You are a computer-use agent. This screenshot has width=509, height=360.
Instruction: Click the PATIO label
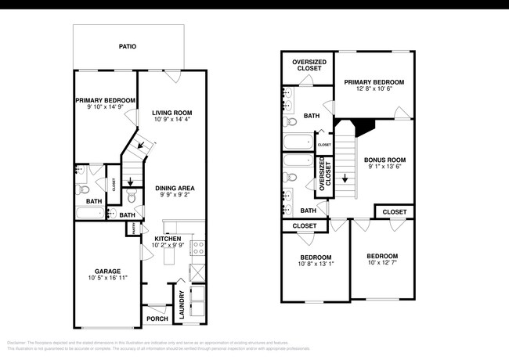tap(128, 47)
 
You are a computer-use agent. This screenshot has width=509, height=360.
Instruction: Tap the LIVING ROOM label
tap(171, 113)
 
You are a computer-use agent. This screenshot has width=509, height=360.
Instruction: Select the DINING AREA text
tap(174, 188)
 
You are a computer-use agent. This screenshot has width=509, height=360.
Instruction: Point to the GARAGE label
tap(108, 272)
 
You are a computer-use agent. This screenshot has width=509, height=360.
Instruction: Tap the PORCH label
tap(157, 319)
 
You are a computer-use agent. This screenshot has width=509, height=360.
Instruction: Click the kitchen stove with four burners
tap(198, 248)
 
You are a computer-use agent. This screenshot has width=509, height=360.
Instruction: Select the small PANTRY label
tap(134, 229)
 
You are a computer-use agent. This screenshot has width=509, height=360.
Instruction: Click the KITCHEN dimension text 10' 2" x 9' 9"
tap(168, 246)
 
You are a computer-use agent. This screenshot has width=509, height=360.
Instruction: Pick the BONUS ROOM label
tap(384, 160)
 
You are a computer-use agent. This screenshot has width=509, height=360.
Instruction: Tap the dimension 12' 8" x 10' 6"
tap(374, 89)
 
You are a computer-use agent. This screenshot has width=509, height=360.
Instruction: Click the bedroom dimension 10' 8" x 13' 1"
tap(316, 265)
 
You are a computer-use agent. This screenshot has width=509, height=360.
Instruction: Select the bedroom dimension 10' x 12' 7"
tap(382, 263)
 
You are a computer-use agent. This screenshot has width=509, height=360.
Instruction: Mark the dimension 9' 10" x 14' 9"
tap(105, 108)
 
